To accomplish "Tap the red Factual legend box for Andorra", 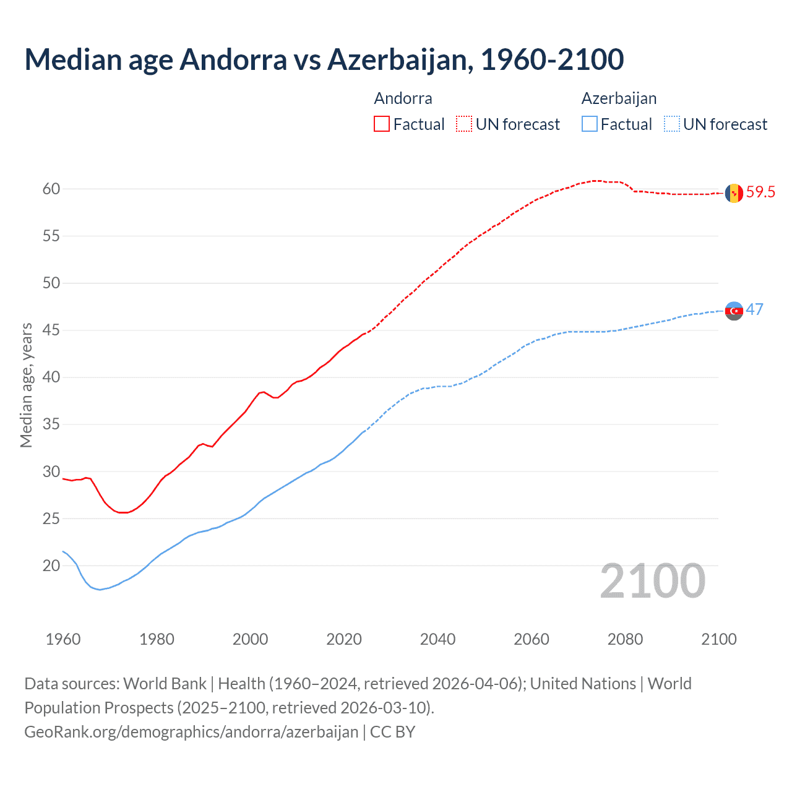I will [382, 124].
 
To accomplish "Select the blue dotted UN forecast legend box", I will [672, 124].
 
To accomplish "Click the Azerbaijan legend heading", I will [619, 98].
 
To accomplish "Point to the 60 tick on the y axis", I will [51, 189].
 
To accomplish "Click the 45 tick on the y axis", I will [51, 330].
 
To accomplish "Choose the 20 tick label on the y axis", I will [51, 566].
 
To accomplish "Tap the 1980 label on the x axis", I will [157, 639].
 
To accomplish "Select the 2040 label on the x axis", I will [437, 639].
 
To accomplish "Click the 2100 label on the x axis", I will [718, 639].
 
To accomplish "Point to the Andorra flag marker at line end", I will [734, 193].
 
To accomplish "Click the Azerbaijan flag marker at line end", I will [734, 311].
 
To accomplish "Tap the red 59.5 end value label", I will [760, 192].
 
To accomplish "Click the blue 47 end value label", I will [754, 309].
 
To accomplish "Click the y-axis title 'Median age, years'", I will [26, 385].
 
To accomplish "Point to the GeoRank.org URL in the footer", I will [191, 731].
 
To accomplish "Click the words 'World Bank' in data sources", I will [165, 683].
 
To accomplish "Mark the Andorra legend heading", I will [403, 98].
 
